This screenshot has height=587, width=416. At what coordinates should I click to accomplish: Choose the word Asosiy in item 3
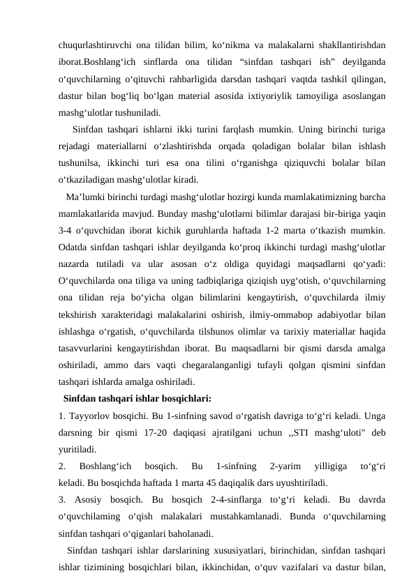pos(91,499)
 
